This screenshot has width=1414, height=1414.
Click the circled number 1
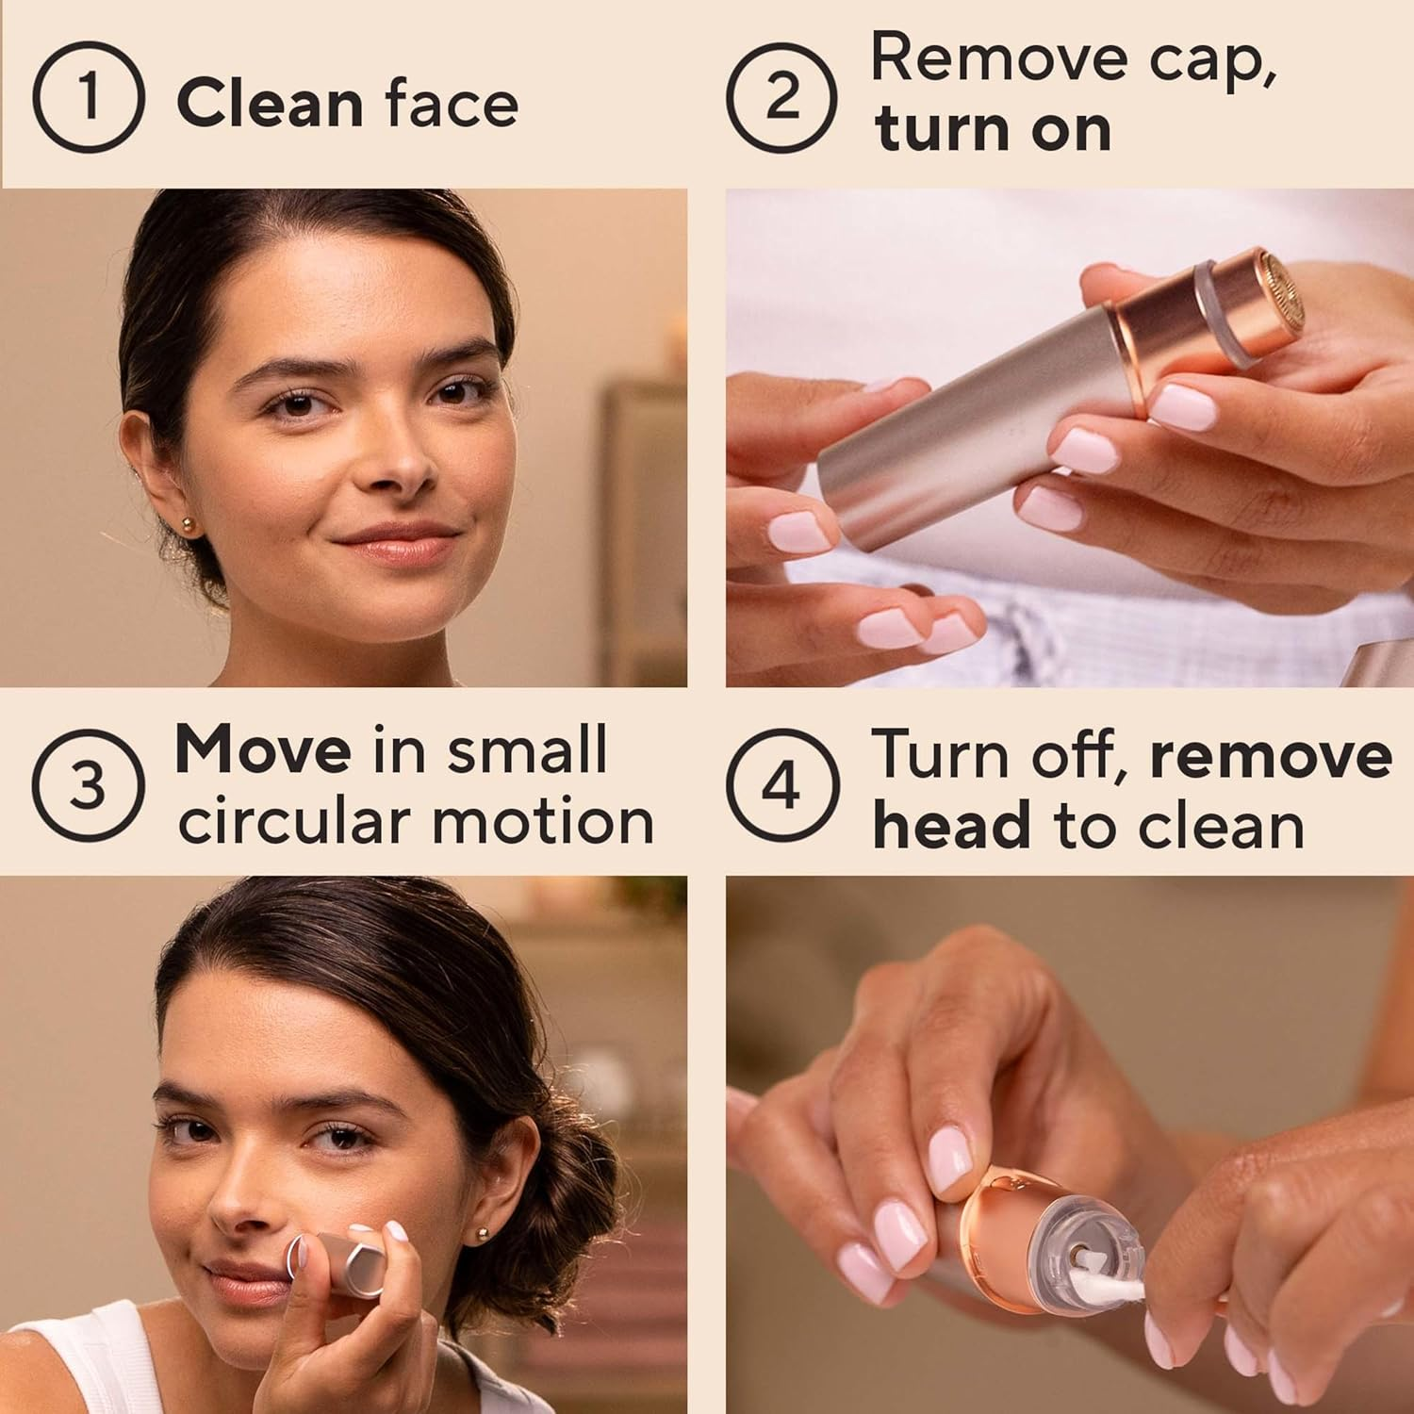pos(88,98)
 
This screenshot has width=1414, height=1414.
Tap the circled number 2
pos(781,98)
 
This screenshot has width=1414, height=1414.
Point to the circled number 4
pos(781,785)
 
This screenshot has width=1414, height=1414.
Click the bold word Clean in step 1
pos(270,103)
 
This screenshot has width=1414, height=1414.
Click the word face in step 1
pos(452,103)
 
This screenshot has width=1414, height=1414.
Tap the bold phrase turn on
pos(993,129)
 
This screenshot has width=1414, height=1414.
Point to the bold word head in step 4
pos(952,826)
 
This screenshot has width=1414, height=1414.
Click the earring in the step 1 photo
pos(188,524)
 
